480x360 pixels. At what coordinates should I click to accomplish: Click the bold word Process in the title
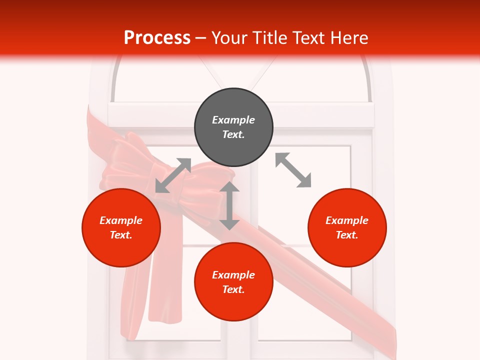(157, 38)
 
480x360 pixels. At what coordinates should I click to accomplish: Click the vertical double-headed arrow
(229, 205)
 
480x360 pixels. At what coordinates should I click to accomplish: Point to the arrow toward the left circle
(173, 175)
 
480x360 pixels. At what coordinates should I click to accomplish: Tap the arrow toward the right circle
(293, 170)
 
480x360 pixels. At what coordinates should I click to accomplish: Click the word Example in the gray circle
(233, 120)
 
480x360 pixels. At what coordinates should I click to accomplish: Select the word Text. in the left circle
(121, 235)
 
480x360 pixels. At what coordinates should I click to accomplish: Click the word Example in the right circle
(347, 220)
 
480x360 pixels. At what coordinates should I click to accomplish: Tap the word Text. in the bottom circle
(233, 289)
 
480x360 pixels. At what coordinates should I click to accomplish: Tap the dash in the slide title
(200, 38)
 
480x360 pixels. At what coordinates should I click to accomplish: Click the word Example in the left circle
(121, 220)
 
